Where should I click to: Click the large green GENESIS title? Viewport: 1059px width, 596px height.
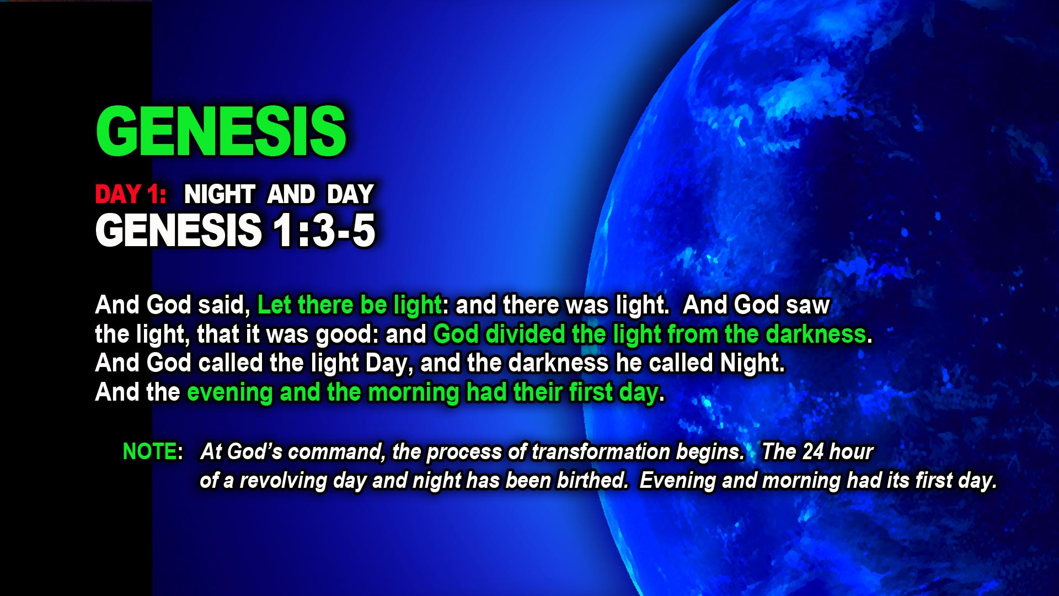pyautogui.click(x=221, y=131)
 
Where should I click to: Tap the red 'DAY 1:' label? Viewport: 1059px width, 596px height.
pyautogui.click(x=131, y=194)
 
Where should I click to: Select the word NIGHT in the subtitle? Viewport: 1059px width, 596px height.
pyautogui.click(x=219, y=194)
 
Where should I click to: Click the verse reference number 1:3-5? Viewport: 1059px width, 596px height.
pyautogui.click(x=324, y=230)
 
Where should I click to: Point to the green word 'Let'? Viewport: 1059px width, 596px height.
pyautogui.click(x=274, y=305)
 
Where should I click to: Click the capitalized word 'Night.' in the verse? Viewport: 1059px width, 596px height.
pyautogui.click(x=752, y=363)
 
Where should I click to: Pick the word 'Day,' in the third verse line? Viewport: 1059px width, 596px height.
pyautogui.click(x=389, y=363)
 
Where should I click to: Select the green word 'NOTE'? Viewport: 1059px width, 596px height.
pyautogui.click(x=149, y=451)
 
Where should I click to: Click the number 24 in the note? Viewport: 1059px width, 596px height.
pyautogui.click(x=813, y=451)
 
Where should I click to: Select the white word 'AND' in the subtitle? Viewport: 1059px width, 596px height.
pyautogui.click(x=291, y=194)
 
